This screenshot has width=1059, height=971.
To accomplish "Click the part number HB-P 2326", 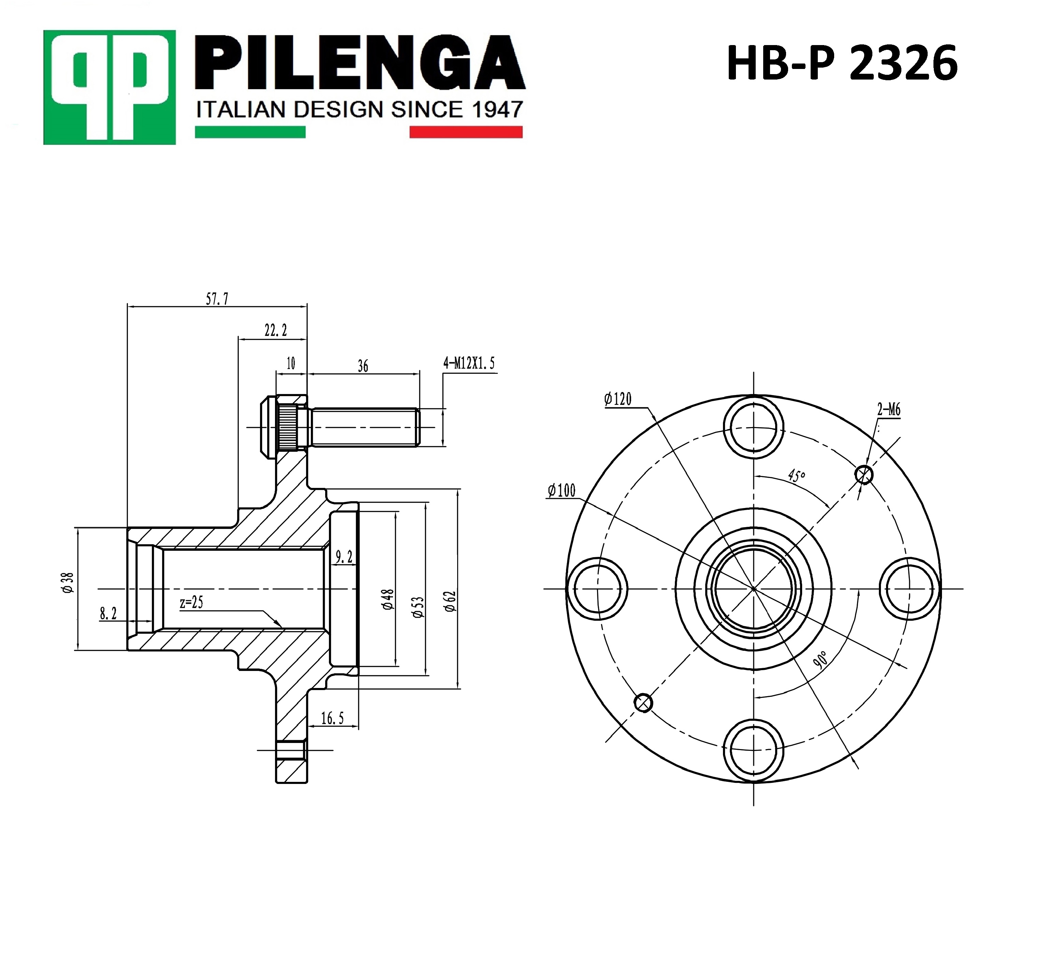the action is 842,63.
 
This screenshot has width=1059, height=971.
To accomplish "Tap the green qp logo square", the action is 109,87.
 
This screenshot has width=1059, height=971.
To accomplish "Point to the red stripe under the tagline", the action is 466,131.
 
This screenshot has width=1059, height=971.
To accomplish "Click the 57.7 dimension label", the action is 217,299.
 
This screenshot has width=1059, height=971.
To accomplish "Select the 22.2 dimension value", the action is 276,330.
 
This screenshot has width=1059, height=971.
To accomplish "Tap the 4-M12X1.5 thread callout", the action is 469,363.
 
